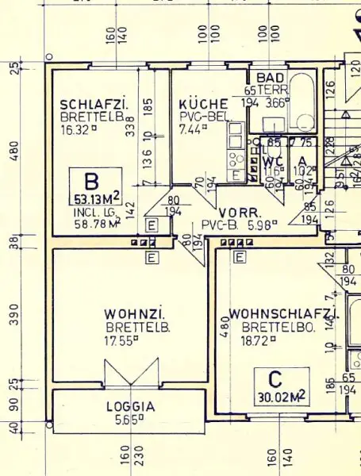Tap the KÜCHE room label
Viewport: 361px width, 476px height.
coord(203,104)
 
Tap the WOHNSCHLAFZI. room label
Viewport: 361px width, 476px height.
coord(283,314)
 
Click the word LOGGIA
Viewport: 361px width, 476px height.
coord(131,407)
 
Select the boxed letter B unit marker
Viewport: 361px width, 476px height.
coord(93,180)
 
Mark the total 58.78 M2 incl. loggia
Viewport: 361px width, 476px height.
coord(94,223)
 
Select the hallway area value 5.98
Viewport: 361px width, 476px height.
coord(261,225)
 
